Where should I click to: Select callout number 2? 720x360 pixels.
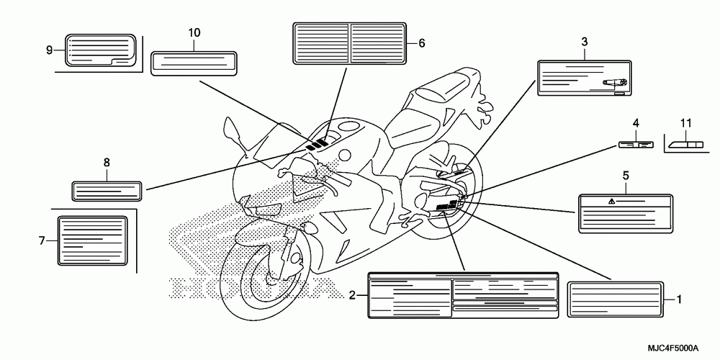pyautogui.click(x=352, y=294)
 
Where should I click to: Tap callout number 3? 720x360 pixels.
pyautogui.click(x=585, y=42)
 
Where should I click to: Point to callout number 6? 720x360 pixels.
pyautogui.click(x=422, y=43)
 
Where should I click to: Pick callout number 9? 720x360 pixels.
pyautogui.click(x=50, y=50)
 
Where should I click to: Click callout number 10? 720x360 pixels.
pyautogui.click(x=194, y=32)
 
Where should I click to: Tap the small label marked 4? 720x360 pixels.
pyautogui.click(x=636, y=145)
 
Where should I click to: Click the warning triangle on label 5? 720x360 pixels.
pyautogui.click(x=611, y=202)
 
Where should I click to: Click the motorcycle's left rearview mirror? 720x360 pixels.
pyautogui.click(x=233, y=131)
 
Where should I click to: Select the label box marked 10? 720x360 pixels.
pyautogui.click(x=194, y=62)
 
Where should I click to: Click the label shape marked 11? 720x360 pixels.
pyautogui.click(x=686, y=145)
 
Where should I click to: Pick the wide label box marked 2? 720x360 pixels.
pyautogui.click(x=463, y=294)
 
